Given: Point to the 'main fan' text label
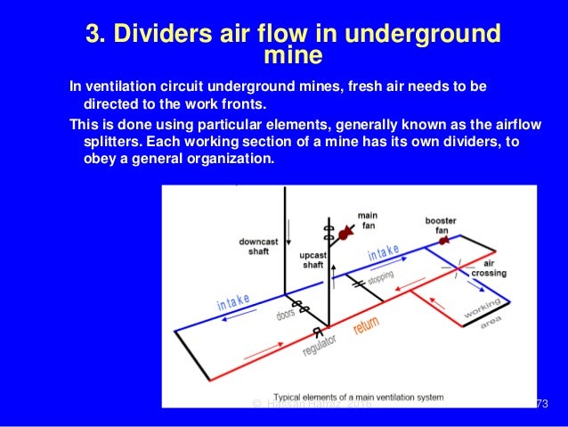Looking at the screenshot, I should (367, 219).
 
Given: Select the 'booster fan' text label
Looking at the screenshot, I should (440, 225).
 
